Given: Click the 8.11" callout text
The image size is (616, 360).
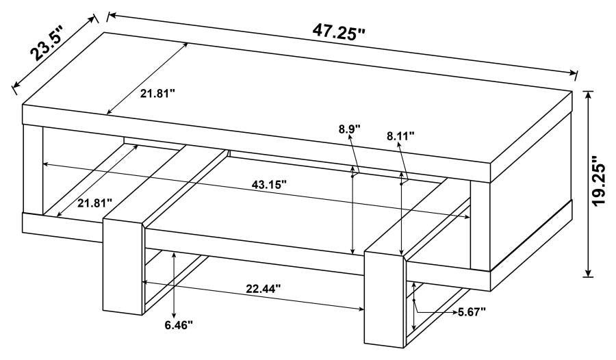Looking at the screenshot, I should [401, 136].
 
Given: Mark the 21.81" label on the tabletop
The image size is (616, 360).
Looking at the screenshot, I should [158, 93].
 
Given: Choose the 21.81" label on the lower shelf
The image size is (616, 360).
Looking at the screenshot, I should [95, 203].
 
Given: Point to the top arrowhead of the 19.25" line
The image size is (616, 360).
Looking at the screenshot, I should [588, 92].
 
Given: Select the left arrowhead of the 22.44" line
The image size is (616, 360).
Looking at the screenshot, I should [143, 281].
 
